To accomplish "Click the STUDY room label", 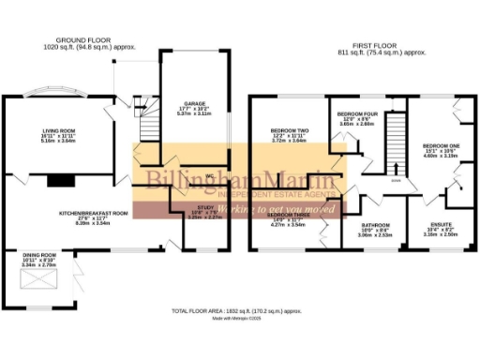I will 205,211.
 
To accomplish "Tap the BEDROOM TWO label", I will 288,132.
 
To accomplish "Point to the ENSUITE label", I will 441,226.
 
